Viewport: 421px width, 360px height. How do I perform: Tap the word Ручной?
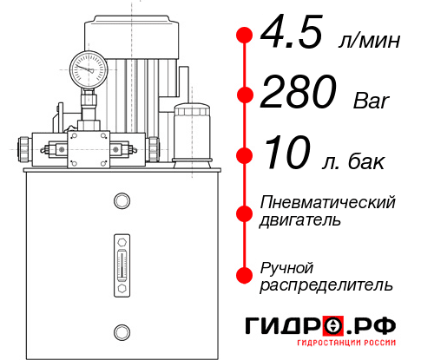[286, 266]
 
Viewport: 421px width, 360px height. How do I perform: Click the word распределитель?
[326, 284]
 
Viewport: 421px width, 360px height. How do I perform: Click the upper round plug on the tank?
[121, 201]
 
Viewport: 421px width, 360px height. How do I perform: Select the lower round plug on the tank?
[121, 330]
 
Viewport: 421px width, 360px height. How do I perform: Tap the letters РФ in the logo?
[377, 326]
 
